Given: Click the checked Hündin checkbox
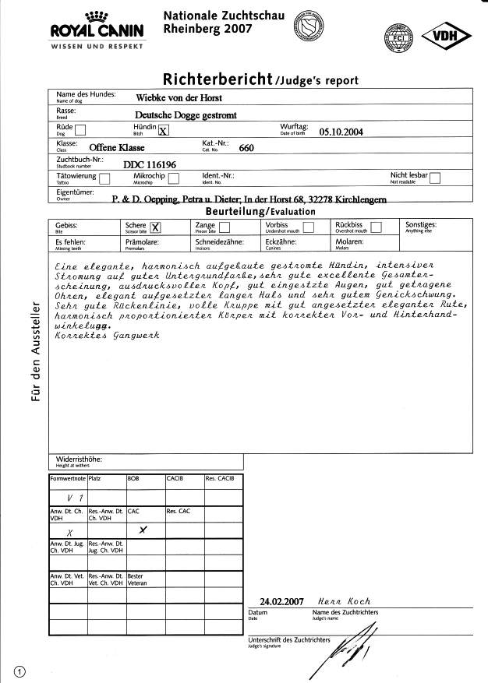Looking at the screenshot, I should pyautogui.click(x=163, y=131).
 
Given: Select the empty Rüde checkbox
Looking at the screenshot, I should pyautogui.click(x=80, y=131).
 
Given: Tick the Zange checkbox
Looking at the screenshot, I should pyautogui.click(x=225, y=227).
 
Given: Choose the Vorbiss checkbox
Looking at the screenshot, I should pyautogui.click(x=308, y=227).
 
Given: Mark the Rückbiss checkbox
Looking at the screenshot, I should pyautogui.click(x=377, y=227).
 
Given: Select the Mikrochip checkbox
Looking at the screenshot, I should pyautogui.click(x=174, y=179).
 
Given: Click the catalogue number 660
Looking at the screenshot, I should pyautogui.click(x=246, y=148).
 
